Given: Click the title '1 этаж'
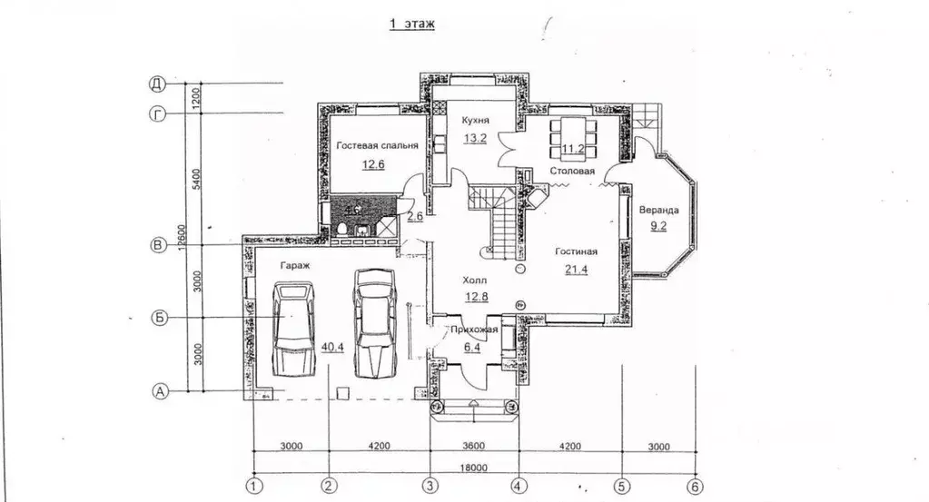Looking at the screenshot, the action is [x=411, y=24].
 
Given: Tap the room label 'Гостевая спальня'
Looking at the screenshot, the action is [x=378, y=145].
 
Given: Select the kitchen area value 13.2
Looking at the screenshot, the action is [x=475, y=139].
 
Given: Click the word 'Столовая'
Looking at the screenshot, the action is [x=572, y=171].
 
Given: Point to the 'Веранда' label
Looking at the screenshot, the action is [x=658, y=211].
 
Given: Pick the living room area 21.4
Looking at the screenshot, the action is [x=576, y=270].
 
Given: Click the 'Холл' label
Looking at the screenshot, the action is [x=475, y=280].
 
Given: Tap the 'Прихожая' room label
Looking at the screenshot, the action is [x=474, y=330].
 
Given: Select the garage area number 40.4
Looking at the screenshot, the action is [x=332, y=347].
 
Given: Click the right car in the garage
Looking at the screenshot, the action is [x=374, y=323].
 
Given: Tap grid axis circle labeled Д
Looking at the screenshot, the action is [x=157, y=84].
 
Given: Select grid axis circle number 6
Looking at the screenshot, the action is [x=695, y=487].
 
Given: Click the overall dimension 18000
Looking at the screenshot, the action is [x=474, y=468].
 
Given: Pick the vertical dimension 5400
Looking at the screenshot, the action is [x=197, y=180].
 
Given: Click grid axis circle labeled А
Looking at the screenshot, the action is [x=160, y=391].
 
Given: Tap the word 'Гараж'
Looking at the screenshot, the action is [x=294, y=266].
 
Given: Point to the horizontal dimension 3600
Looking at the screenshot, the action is [x=474, y=446].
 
